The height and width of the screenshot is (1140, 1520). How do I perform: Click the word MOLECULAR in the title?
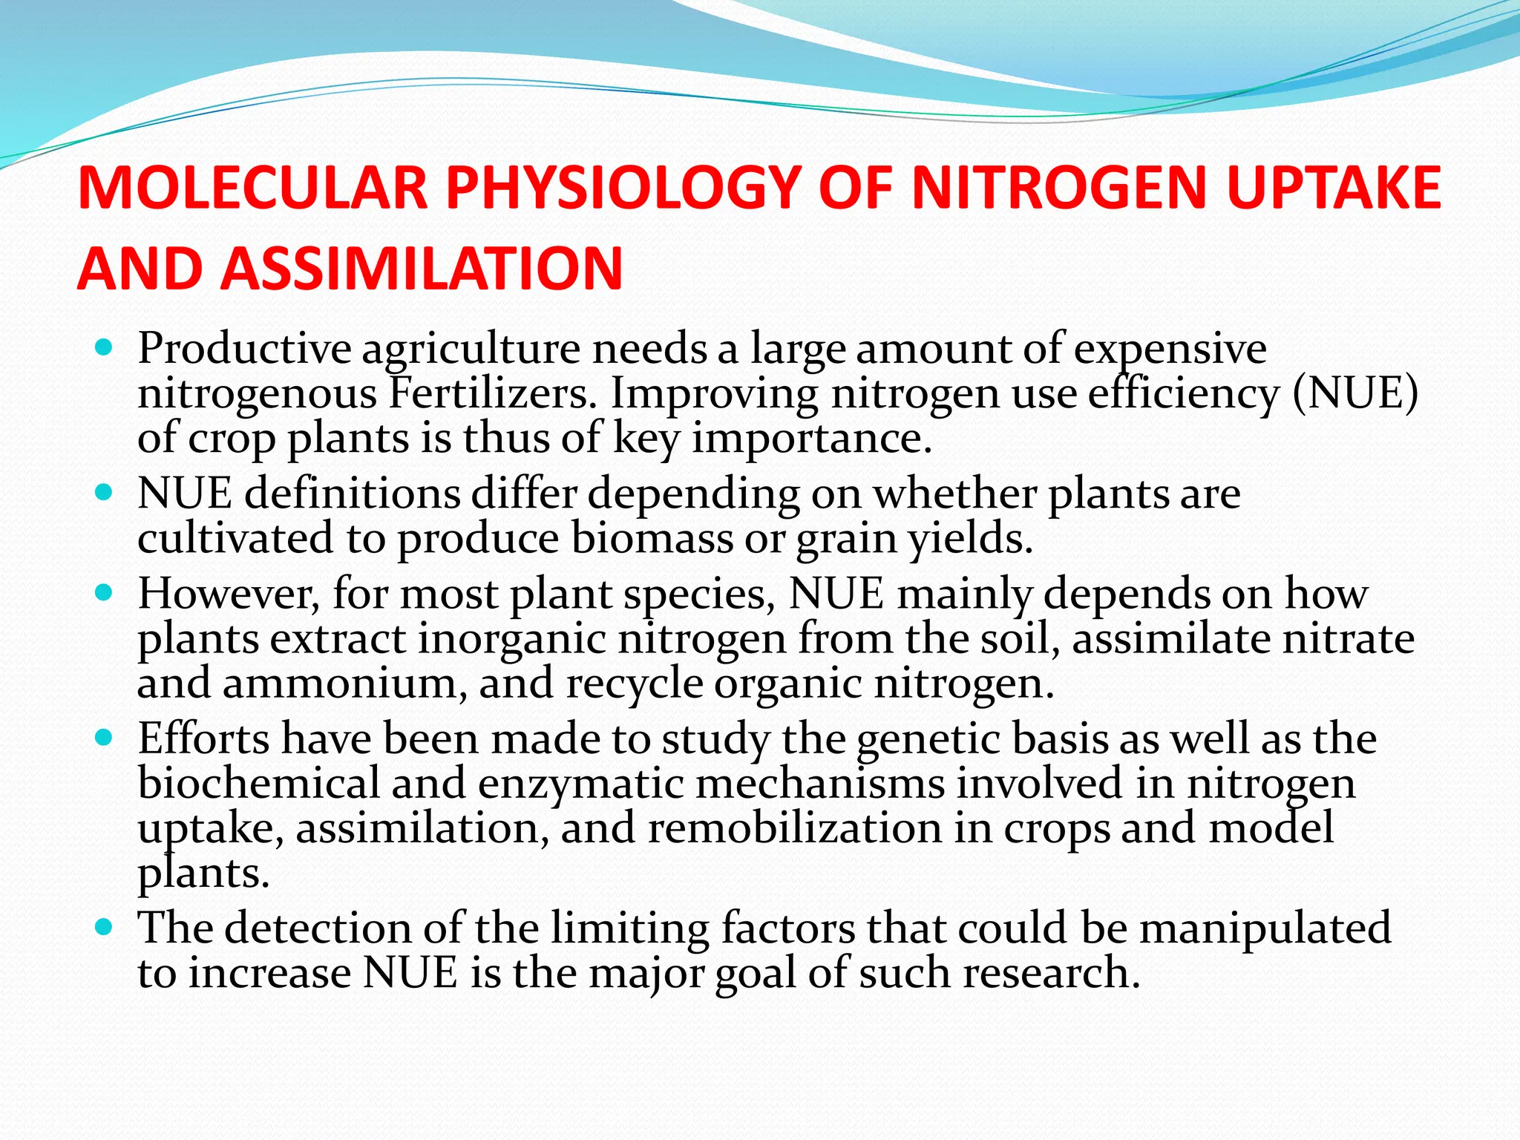[252, 188]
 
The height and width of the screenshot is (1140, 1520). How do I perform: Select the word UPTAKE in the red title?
[1334, 188]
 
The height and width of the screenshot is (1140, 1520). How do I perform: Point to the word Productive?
[244, 349]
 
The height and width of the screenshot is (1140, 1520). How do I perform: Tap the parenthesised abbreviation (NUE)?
[1355, 393]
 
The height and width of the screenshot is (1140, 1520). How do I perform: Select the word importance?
[812, 438]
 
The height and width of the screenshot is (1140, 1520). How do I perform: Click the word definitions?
[353, 494]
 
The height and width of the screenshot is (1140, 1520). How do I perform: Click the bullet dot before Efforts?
[105, 738]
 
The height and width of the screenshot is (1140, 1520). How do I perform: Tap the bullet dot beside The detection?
[105, 928]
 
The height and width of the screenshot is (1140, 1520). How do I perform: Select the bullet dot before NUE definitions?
[105, 493]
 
